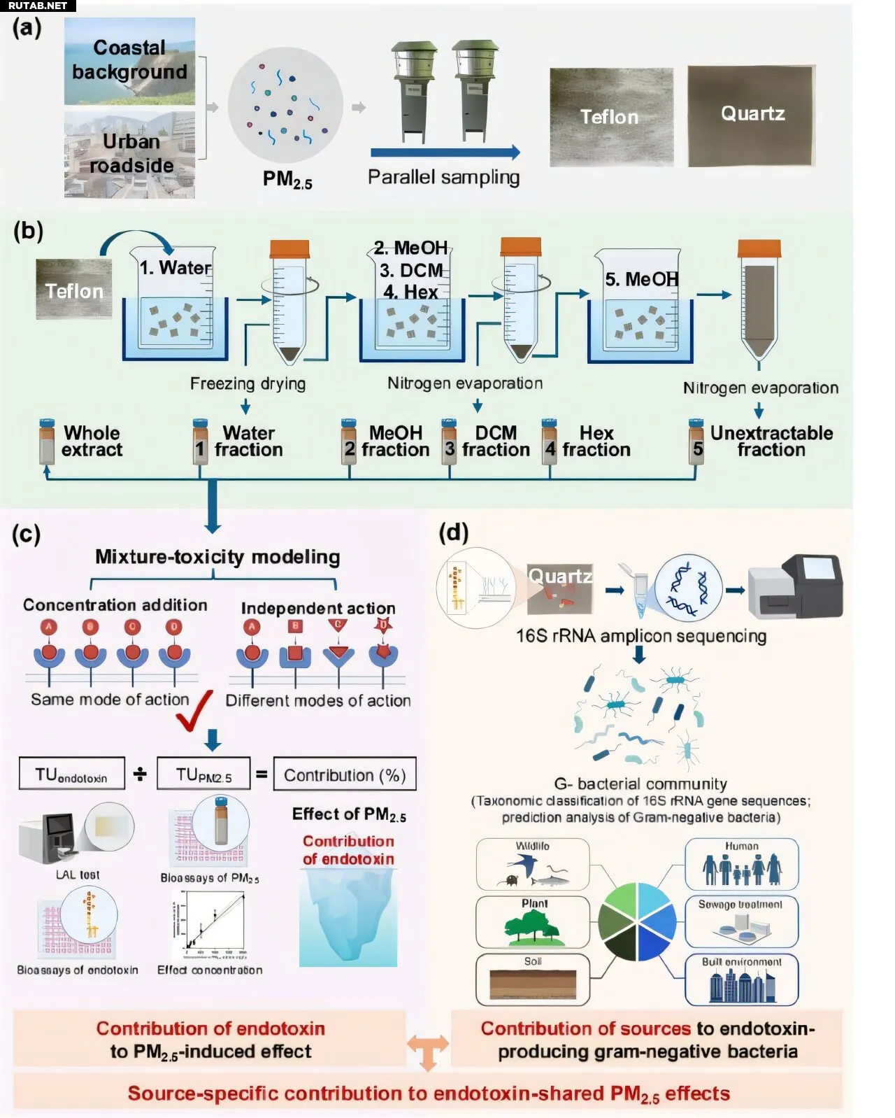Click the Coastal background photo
(129, 62)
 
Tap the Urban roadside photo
(129, 154)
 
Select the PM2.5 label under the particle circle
(287, 180)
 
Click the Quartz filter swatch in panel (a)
(752, 116)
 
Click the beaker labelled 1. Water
(176, 301)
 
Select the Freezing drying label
(248, 383)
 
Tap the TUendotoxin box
(72, 774)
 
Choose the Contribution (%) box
(345, 774)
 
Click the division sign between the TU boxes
(141, 774)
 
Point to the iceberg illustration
(348, 917)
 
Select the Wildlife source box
(533, 865)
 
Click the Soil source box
(533, 978)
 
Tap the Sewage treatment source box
(740, 921)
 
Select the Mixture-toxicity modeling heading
(217, 557)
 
